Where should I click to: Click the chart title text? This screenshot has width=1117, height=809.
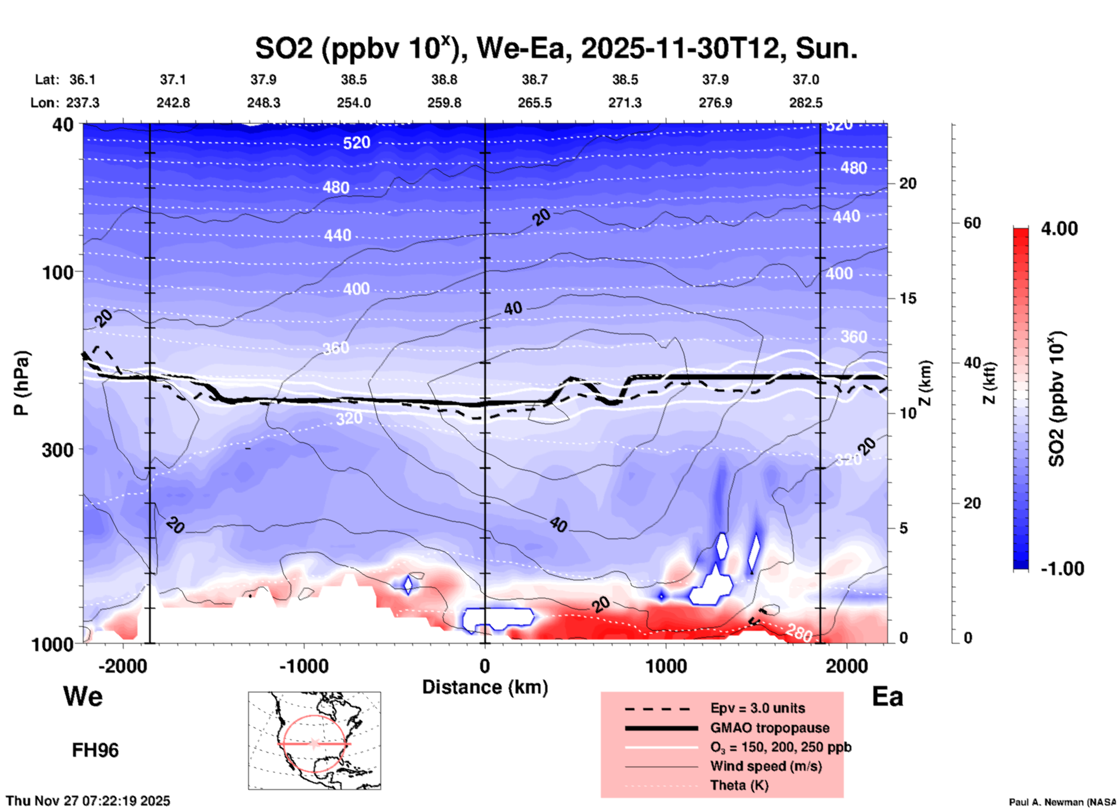click(x=556, y=49)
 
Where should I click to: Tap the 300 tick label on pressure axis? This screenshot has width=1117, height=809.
click(x=58, y=450)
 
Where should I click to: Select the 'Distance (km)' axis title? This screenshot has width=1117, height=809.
click(x=485, y=687)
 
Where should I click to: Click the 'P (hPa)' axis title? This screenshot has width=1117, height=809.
click(x=21, y=383)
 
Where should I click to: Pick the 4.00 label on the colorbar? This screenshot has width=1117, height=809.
click(x=1059, y=229)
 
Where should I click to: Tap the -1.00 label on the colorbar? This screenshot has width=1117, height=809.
click(x=1062, y=569)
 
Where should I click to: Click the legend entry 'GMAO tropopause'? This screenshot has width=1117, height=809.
click(x=770, y=728)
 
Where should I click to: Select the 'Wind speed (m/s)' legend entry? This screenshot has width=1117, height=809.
click(x=766, y=766)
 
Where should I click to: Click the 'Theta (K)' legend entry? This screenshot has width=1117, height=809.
click(x=739, y=785)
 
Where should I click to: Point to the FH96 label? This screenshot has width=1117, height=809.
click(x=95, y=750)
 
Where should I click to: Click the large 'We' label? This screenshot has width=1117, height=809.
click(x=83, y=696)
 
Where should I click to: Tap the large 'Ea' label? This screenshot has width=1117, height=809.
click(x=887, y=696)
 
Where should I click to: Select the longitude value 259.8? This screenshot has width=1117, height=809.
click(x=444, y=103)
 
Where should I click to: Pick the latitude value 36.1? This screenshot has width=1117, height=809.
click(x=82, y=80)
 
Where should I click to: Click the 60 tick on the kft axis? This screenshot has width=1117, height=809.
click(x=972, y=223)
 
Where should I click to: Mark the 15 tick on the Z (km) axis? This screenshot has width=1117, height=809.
click(x=908, y=298)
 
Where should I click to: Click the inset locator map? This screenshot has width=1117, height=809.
click(x=314, y=741)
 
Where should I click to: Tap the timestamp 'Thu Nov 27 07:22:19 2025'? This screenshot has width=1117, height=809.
click(x=88, y=801)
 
